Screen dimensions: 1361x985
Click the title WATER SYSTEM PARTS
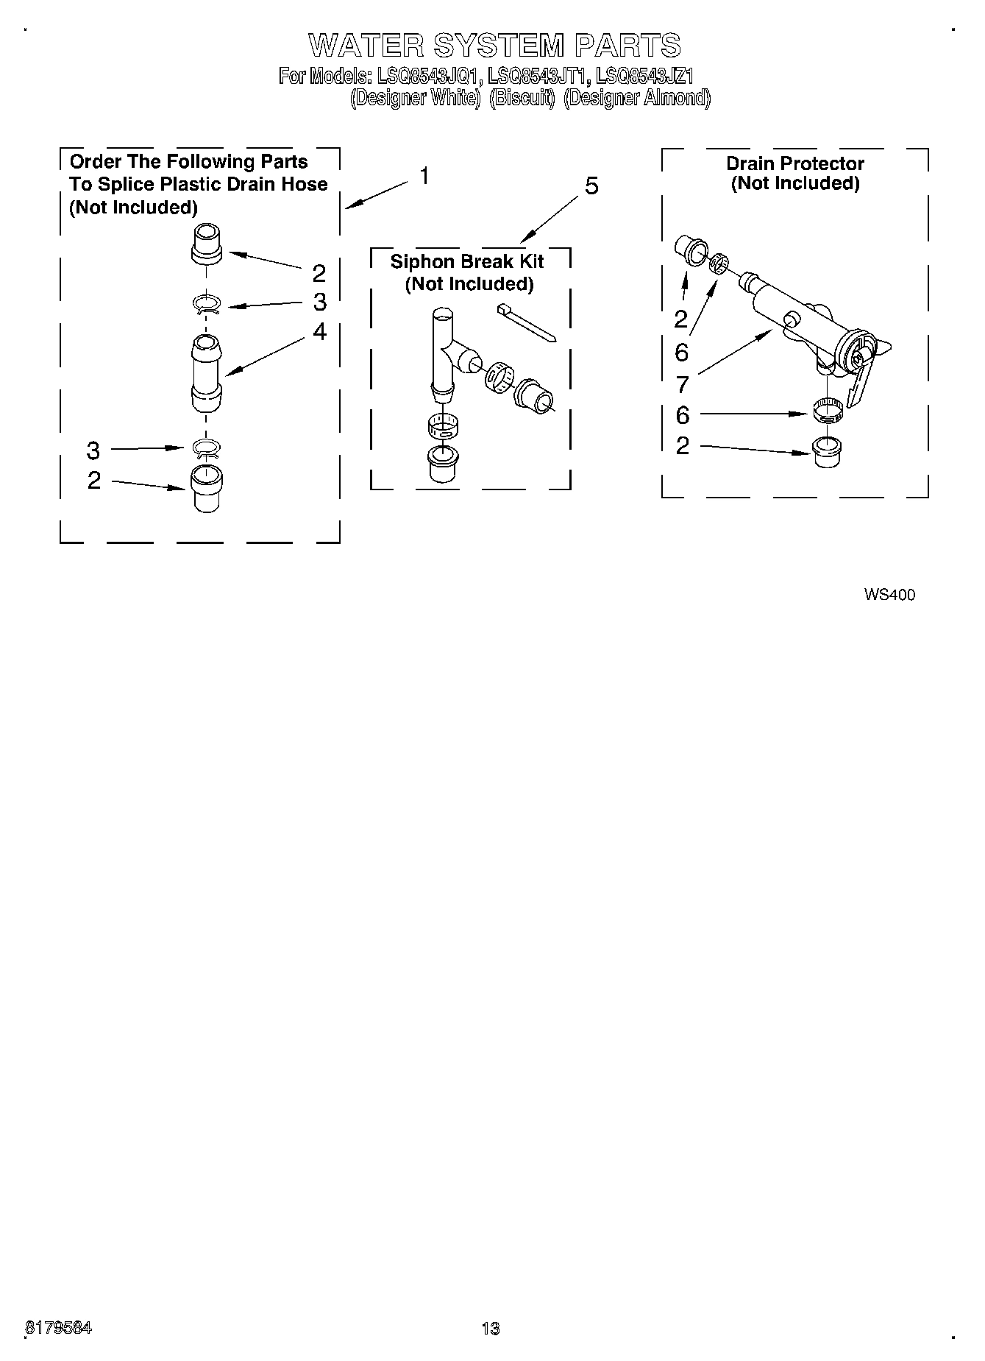coord(494,46)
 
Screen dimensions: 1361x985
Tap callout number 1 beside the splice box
coord(424,176)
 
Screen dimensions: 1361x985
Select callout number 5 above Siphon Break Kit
coord(591,186)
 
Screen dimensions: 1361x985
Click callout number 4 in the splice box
coord(319,331)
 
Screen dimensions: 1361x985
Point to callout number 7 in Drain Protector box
coord(682,383)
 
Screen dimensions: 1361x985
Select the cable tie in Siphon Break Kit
coord(527,322)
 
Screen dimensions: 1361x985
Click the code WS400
coord(889,595)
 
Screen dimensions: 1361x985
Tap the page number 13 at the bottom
coord(491,1328)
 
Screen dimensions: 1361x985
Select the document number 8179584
coord(59,1328)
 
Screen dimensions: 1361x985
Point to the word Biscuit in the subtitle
coord(522,98)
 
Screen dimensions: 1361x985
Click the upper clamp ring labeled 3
coord(207,304)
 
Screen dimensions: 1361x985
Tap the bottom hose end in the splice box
coord(207,488)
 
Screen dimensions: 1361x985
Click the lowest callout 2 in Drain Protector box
coord(683,445)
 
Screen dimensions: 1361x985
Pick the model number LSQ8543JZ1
coord(645,76)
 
